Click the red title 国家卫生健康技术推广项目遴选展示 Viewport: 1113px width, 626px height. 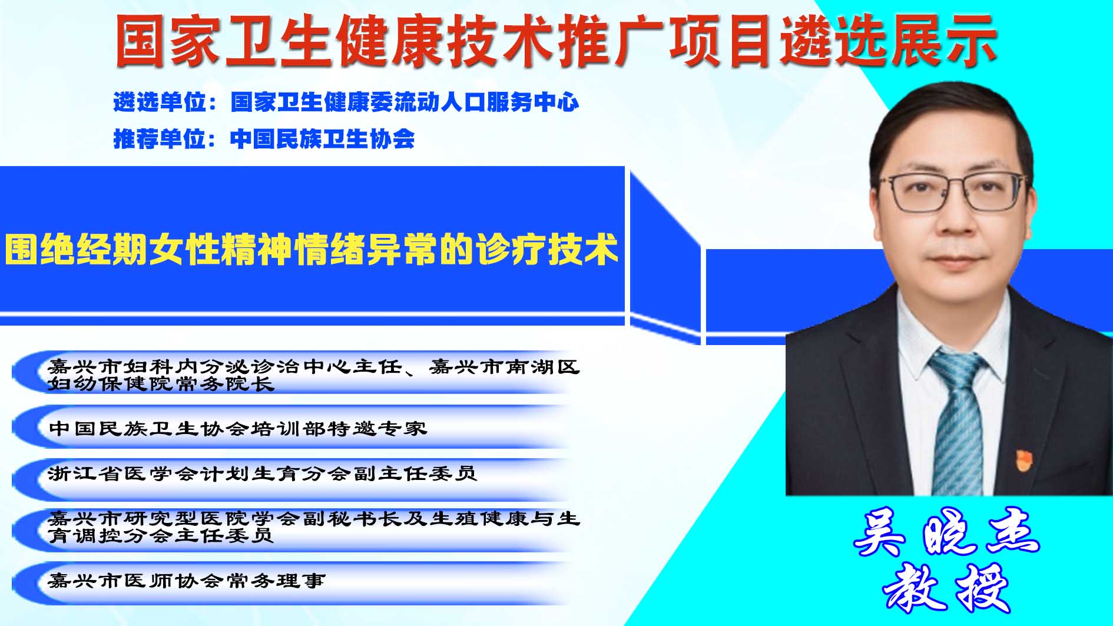pyautogui.click(x=556, y=40)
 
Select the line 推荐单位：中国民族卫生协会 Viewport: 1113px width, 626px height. pyautogui.click(x=264, y=139)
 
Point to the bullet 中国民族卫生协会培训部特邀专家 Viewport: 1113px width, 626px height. pyautogui.click(x=237, y=428)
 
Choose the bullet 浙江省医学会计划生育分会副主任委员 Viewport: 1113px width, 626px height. pyautogui.click(x=262, y=473)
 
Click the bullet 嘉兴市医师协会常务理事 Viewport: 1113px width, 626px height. pyautogui.click(x=187, y=581)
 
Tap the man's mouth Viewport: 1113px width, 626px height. pyautogui.click(x=955, y=260)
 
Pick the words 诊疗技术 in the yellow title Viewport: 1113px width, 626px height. pyautogui.click(x=548, y=250)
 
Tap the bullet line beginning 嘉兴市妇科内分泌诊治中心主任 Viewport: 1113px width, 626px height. pyautogui.click(x=314, y=375)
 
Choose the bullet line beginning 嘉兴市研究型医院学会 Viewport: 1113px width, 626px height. pyautogui.click(x=314, y=526)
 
